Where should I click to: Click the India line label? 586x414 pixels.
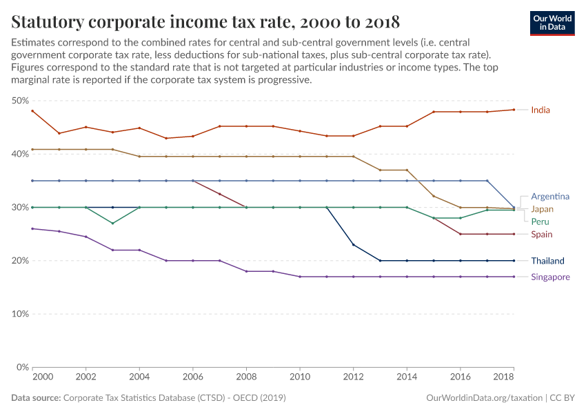540,110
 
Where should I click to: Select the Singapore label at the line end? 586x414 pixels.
550,277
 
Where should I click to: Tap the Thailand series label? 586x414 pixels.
547,261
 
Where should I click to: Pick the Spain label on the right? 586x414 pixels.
541,235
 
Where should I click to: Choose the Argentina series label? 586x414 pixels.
549,196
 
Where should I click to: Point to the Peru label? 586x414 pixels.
540,221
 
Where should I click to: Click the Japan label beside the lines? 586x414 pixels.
542,209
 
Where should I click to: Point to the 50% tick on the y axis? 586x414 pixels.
19,101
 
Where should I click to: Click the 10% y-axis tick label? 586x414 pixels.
19,314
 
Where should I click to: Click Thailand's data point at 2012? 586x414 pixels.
354,245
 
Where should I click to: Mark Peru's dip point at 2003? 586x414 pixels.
113,224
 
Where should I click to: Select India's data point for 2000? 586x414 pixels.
33,111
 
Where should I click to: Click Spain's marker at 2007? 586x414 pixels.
220,194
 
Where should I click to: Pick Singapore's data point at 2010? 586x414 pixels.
300,277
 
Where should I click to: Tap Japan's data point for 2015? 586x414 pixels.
434,196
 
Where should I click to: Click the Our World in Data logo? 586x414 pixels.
552,23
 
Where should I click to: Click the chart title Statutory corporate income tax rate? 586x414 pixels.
205,21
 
